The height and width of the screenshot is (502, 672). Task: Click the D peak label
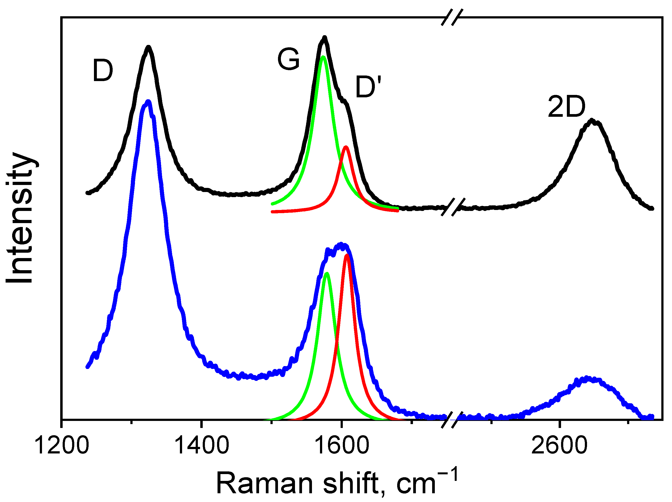(103, 71)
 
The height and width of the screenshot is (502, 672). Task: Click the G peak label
(288, 59)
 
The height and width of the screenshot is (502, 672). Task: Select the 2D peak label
(566, 107)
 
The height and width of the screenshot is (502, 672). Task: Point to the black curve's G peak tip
(324, 38)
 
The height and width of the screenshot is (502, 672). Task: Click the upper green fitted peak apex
(323, 57)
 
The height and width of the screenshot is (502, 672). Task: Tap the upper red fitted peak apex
(345, 147)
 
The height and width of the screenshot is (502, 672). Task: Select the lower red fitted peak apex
(347, 255)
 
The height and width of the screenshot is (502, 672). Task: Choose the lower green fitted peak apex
(327, 273)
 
